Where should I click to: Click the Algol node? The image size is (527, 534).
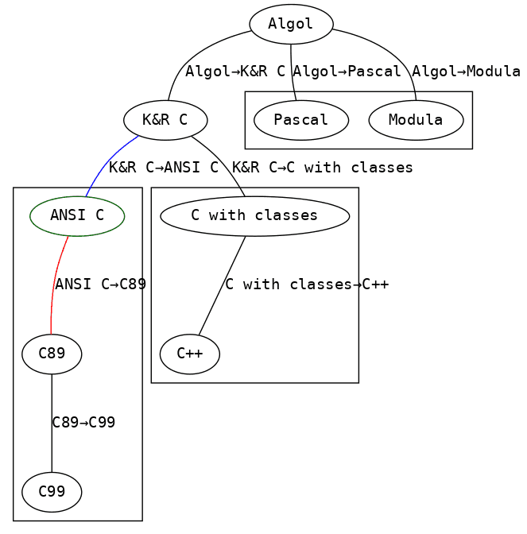(291, 24)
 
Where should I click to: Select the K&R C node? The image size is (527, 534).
(165, 120)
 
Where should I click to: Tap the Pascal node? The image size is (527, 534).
(301, 120)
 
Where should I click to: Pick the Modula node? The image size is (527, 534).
(416, 120)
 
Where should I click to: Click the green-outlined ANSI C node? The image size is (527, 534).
(77, 216)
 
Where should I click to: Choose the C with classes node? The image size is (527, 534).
(255, 216)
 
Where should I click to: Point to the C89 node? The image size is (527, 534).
(52, 354)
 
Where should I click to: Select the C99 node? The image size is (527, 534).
(52, 492)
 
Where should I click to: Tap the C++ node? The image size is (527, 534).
(190, 354)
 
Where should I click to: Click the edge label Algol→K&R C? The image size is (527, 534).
(235, 72)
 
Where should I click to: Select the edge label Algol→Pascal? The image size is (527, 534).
(347, 72)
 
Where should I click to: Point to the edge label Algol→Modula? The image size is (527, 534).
(466, 72)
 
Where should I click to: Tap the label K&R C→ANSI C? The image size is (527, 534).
(164, 168)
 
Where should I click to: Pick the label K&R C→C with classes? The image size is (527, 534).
(323, 168)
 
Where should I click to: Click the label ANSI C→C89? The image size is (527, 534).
(100, 284)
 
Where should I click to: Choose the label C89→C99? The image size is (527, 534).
(83, 423)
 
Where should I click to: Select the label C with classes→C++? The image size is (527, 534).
(307, 284)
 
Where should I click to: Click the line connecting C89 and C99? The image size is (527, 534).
(52, 424)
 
